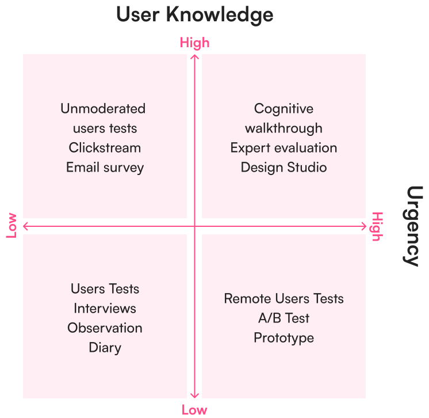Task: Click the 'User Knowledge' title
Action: pyautogui.click(x=194, y=15)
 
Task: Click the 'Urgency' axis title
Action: pyautogui.click(x=413, y=226)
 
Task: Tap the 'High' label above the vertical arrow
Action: pyautogui.click(x=194, y=43)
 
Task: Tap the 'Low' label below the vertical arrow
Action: pyautogui.click(x=194, y=410)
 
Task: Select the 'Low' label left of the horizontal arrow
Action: pyautogui.click(x=12, y=226)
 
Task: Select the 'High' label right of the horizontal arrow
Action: pyautogui.click(x=377, y=226)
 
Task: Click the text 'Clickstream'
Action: pyautogui.click(x=105, y=148)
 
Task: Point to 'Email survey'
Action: pyautogui.click(x=105, y=168)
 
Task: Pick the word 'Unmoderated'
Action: pyautogui.click(x=103, y=109)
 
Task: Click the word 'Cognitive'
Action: pyautogui.click(x=284, y=109)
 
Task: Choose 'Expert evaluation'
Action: pyautogui.click(x=284, y=148)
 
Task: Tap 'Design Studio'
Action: pyautogui.click(x=284, y=168)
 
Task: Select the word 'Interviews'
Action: pyautogui.click(x=105, y=309)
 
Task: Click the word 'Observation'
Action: pyautogui.click(x=105, y=328)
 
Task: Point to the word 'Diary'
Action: pyautogui.click(x=105, y=348)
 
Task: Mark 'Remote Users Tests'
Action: pyautogui.click(x=284, y=299)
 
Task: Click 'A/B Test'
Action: pyautogui.click(x=284, y=318)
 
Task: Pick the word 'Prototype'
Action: pyautogui.click(x=284, y=338)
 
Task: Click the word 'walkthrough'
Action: pyautogui.click(x=284, y=128)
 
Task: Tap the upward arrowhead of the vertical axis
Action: pyautogui.click(x=194, y=56)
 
